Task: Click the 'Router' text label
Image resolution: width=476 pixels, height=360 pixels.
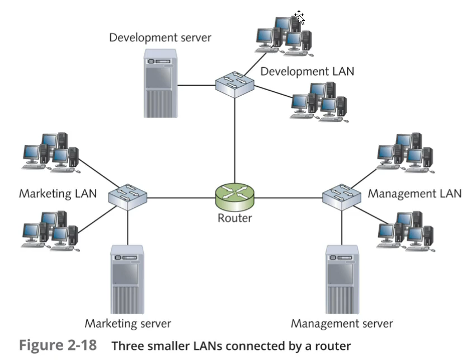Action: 234,218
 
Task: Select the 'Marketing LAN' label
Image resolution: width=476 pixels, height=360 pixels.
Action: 58,194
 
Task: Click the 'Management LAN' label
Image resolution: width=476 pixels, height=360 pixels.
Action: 414,194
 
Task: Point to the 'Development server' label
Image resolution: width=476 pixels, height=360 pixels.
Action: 160,38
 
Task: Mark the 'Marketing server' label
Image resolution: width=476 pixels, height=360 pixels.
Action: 128,324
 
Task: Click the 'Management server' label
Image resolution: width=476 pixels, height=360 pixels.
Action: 342,324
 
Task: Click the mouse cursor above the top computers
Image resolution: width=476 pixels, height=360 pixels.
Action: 300,18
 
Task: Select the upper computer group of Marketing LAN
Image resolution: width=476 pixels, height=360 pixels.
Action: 51,150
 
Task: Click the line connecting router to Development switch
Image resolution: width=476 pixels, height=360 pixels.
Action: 234,140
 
